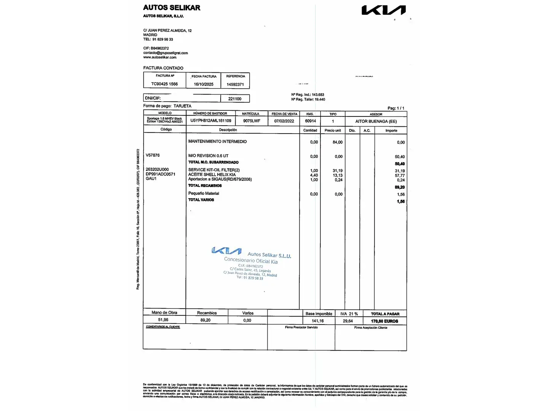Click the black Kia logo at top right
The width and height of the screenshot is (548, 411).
pos(383,10)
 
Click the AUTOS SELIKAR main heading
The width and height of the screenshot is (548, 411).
pos(172,8)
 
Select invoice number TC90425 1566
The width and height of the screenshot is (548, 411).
pos(164,84)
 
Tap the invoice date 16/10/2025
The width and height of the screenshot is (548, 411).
pos(204,84)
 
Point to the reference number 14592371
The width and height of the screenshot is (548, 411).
pos(235,84)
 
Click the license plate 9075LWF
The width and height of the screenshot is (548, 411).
pos(252,121)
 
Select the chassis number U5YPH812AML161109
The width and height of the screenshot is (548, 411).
pos(211,121)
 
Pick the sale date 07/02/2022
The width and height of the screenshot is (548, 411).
pos(284,121)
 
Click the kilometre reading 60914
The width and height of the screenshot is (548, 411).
pos(311,121)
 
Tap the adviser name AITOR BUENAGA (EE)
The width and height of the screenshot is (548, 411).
pos(376,121)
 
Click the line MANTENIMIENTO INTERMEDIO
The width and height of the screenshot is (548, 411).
pos(217,142)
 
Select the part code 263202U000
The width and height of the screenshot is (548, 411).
pos(157,169)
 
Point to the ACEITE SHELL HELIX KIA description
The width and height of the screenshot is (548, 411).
pos(212,175)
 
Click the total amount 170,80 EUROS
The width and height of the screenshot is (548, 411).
pos(385,321)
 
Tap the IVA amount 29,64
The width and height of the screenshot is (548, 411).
pos(348,321)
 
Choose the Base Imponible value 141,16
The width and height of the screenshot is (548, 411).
pos(318,321)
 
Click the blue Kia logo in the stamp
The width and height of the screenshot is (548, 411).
pos(226,251)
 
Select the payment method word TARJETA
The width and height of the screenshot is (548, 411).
pos(183,106)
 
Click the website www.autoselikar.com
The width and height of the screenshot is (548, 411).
pos(160,57)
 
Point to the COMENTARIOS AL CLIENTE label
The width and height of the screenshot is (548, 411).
pos(163,327)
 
